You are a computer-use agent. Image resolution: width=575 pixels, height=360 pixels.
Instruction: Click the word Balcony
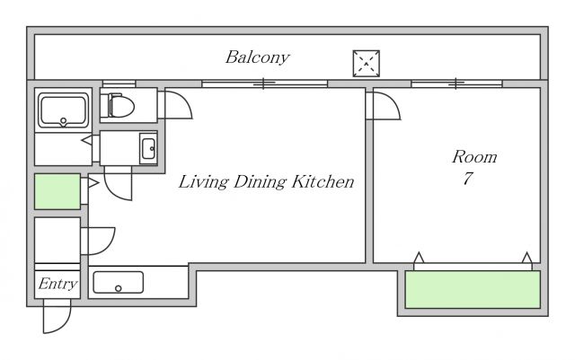click(x=258, y=57)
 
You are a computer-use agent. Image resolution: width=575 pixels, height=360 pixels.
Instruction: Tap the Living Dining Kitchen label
click(x=266, y=182)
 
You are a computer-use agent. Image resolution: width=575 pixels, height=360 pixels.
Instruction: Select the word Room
click(x=474, y=157)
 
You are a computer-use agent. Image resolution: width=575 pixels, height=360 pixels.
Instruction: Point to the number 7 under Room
click(x=468, y=179)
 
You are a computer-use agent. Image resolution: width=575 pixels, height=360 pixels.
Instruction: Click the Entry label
click(x=57, y=284)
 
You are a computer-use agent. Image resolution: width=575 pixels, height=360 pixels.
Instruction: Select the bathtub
click(x=64, y=110)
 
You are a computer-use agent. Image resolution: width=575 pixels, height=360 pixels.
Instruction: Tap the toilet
click(x=118, y=106)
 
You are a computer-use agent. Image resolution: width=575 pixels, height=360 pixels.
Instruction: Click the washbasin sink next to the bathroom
click(x=148, y=148)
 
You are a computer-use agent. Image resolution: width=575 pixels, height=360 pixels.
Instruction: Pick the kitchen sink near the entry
click(x=118, y=282)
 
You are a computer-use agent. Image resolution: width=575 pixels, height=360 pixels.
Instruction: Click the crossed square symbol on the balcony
click(x=367, y=64)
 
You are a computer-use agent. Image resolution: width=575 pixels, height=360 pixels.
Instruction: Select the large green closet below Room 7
click(x=473, y=289)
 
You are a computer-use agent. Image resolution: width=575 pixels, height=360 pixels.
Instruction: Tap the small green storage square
click(x=57, y=192)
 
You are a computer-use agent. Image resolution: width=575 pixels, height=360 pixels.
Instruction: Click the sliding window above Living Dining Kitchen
click(x=264, y=83)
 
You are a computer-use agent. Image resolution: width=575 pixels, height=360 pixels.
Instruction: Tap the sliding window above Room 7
click(x=456, y=83)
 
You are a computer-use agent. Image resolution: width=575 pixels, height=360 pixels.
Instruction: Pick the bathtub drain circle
click(x=64, y=120)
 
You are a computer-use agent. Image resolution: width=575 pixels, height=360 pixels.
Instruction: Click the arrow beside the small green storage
click(x=93, y=182)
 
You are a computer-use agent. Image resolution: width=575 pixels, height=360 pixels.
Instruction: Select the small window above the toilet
click(x=119, y=83)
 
